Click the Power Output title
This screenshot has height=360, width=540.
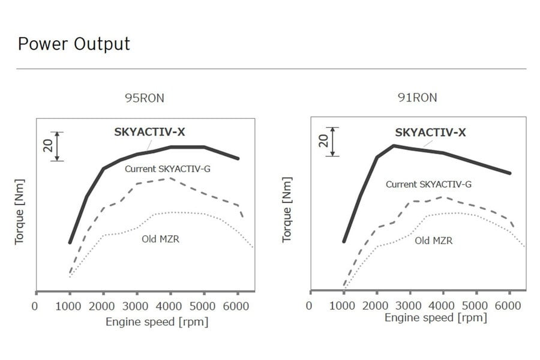[74, 44]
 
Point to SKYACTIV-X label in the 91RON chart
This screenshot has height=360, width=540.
[430, 133]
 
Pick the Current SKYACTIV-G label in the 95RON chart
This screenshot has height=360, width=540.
[167, 169]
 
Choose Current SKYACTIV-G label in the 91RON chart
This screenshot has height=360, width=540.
[428, 184]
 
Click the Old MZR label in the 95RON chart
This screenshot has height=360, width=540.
[160, 239]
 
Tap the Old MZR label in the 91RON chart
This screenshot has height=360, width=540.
[434, 241]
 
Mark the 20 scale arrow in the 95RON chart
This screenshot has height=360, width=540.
[57, 146]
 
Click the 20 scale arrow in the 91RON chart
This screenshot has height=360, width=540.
[331, 142]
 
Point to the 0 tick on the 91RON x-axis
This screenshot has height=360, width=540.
[308, 305]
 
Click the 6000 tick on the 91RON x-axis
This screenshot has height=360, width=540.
[509, 305]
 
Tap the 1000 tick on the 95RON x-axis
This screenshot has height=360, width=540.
[70, 305]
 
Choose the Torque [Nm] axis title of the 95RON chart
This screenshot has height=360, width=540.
[20, 211]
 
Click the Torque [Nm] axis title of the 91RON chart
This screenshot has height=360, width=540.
[287, 209]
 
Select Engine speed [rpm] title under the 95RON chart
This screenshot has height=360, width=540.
[157, 322]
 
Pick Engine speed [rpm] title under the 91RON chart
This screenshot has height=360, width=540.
[435, 318]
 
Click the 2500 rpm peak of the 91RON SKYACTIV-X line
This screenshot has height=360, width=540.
[394, 145]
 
